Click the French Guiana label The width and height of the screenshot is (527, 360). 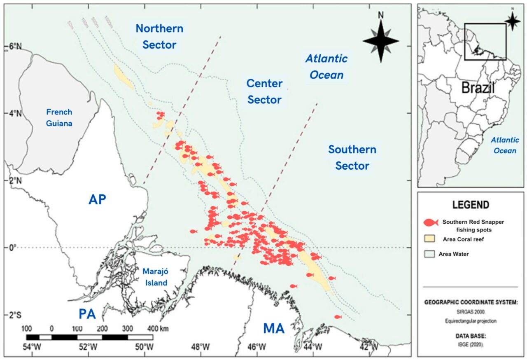click(59, 117)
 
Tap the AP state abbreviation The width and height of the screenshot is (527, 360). click(97, 200)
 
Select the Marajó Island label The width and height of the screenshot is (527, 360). click(155, 277)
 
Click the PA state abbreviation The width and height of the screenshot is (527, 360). click(87, 314)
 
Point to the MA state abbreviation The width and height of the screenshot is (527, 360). click(274, 329)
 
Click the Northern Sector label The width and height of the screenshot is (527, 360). click(159, 37)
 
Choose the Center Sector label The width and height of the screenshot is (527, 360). click(264, 92)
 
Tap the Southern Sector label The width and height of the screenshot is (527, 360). click(352, 157)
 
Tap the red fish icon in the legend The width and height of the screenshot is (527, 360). click(431, 222)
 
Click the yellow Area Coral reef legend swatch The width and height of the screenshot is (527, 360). click(430, 238)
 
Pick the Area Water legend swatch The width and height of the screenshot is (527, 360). click(430, 254)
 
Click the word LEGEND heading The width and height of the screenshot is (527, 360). click(471, 205)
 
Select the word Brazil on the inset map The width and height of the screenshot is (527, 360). click(478, 88)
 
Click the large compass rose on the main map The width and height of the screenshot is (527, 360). click(381, 40)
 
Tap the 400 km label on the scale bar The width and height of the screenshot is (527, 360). click(157, 329)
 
